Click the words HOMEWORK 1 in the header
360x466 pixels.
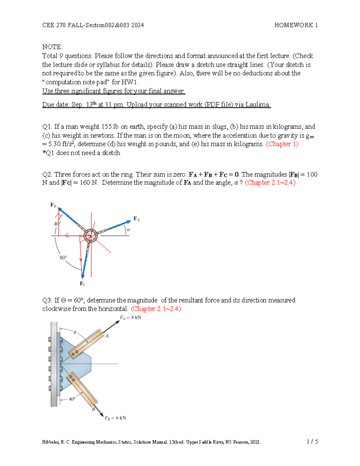point(296,25)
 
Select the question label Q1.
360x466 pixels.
point(47,127)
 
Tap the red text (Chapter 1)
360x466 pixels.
point(282,144)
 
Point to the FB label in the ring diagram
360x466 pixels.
point(53,205)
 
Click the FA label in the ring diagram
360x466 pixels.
point(136,219)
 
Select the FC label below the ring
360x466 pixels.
point(83,284)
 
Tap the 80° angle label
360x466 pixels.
point(63,257)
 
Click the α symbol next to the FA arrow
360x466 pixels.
point(128,230)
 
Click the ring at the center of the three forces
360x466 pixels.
point(90,236)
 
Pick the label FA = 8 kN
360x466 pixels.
point(130,317)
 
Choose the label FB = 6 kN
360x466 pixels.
point(115,418)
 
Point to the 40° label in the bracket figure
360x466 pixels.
point(72,399)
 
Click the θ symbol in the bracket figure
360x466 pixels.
point(75,332)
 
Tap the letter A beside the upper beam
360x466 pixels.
point(107,336)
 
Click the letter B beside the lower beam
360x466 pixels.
point(93,409)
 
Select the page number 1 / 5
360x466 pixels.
point(312,441)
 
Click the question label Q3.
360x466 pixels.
point(47,300)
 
